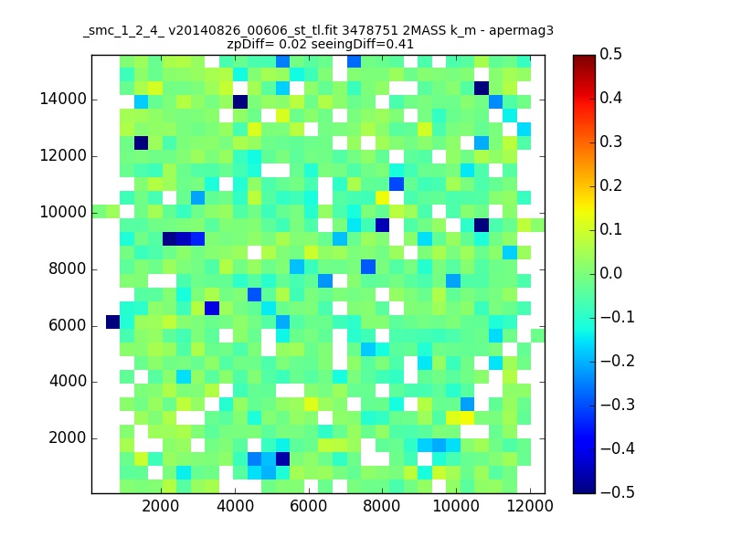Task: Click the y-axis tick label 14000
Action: (x=63, y=100)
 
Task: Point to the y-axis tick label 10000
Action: (x=63, y=213)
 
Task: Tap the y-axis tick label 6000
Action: (x=67, y=325)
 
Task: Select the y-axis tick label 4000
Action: (x=67, y=382)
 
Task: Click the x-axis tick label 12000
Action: (x=530, y=506)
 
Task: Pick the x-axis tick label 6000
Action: (x=308, y=506)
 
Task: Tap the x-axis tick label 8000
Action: (x=382, y=506)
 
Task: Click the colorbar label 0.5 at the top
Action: (x=610, y=54)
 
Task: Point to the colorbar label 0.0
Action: (x=610, y=273)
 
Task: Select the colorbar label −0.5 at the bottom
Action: (x=618, y=492)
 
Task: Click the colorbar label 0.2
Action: (x=610, y=185)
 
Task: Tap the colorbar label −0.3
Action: (x=618, y=405)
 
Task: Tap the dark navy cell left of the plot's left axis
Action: (x=112, y=322)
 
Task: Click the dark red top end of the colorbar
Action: (x=584, y=58)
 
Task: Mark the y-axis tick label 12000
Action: (x=63, y=155)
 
